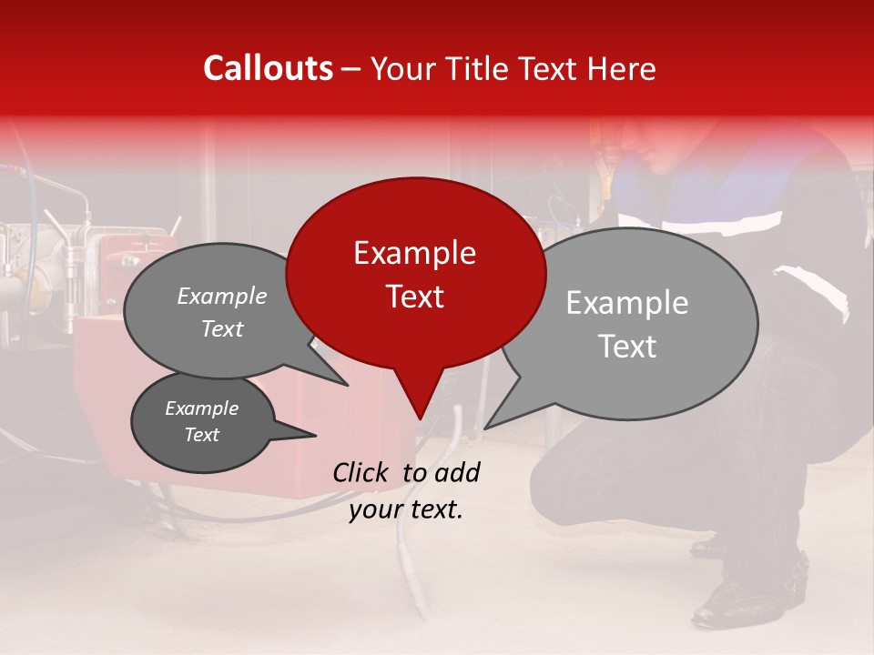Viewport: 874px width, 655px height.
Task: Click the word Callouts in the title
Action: pos(268,69)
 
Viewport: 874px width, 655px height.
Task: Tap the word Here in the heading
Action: pos(622,69)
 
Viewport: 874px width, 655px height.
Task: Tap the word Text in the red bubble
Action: pos(414,296)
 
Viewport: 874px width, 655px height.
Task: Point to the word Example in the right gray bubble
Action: pos(626,303)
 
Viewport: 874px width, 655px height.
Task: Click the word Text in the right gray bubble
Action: pos(626,347)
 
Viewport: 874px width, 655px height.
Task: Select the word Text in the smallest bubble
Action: pos(202,435)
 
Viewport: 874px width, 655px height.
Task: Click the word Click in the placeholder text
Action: pos(361,472)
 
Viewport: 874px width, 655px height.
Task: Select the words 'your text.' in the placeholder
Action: pos(406,510)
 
